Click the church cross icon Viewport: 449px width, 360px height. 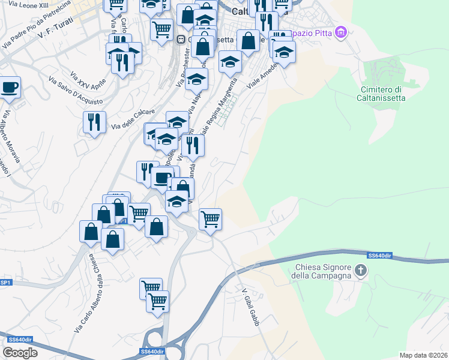[x=361, y=271]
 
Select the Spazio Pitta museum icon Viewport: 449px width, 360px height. [x=341, y=31]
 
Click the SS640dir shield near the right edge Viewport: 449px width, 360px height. [x=380, y=256]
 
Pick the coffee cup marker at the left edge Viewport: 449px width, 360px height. [x=9, y=88]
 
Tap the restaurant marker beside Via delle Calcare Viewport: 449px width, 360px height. [x=95, y=122]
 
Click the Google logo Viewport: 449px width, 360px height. [x=20, y=353]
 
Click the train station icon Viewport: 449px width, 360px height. [x=180, y=39]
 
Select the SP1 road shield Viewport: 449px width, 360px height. [x=5, y=283]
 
